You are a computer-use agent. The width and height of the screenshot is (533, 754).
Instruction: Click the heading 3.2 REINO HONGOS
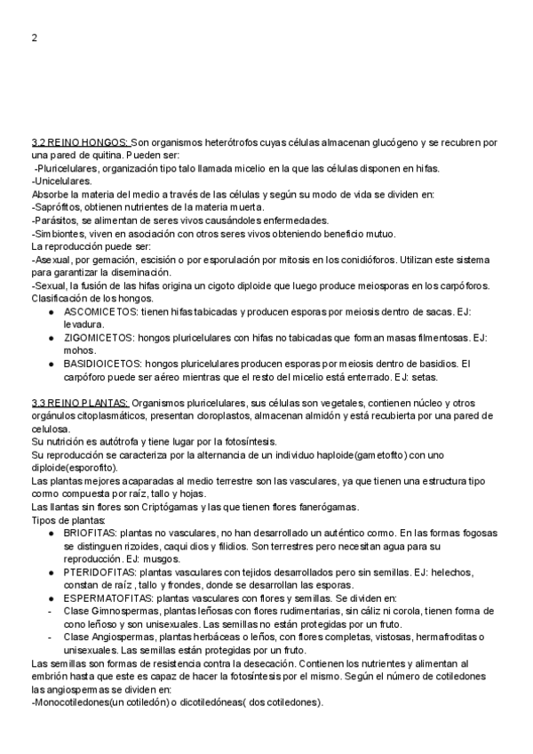coord(80,142)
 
